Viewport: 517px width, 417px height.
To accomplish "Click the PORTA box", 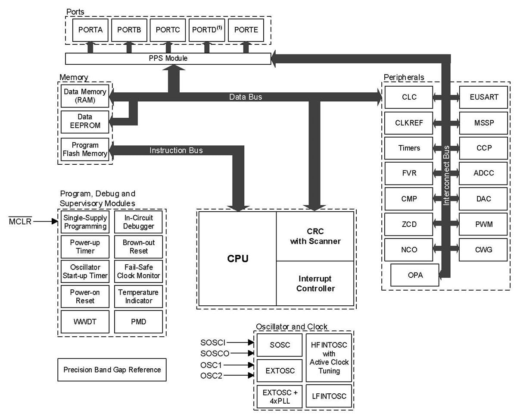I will [90, 30].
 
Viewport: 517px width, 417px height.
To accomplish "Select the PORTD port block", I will [207, 30].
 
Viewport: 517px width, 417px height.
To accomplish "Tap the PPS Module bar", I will [168, 58].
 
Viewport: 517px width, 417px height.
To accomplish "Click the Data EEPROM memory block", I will [85, 121].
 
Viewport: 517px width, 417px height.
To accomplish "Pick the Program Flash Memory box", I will [85, 149].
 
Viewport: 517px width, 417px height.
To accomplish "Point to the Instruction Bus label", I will [176, 150].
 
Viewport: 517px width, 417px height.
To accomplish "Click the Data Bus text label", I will [246, 97].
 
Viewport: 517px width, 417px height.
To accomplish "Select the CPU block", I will [237, 259].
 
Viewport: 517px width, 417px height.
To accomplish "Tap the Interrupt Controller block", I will [315, 283].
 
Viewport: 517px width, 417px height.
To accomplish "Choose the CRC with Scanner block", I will [315, 236].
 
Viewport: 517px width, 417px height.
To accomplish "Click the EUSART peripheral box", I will [484, 97].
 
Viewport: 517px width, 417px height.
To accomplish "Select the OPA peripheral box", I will [415, 275].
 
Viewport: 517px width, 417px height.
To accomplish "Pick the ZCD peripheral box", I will [409, 224].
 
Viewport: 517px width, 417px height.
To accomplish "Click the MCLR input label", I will [20, 222].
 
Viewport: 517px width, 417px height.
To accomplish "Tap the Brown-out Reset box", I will [139, 247].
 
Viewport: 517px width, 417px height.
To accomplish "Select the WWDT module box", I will [85, 321].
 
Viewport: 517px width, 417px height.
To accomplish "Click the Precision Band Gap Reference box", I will [112, 370].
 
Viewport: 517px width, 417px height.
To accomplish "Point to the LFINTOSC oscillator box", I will [329, 396].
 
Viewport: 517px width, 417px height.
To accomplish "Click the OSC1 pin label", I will [212, 365].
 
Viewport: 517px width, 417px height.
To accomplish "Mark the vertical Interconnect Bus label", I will [446, 175].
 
